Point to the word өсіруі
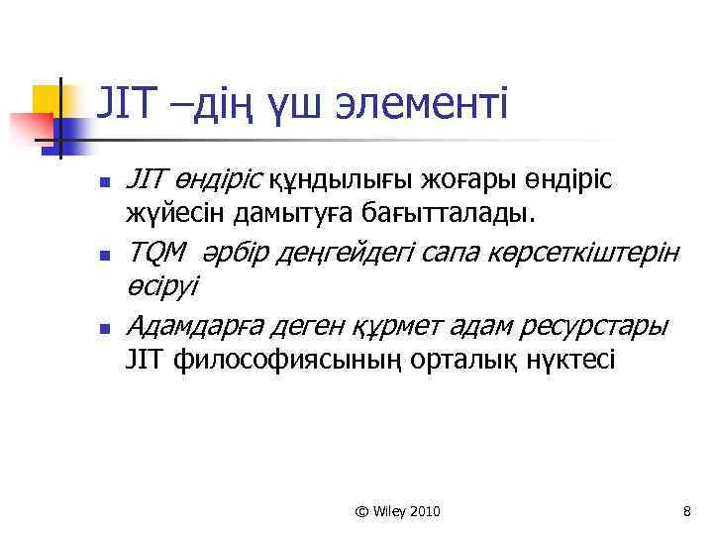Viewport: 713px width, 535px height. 162,286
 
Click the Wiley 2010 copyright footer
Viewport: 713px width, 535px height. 397,511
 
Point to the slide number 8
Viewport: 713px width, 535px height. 686,511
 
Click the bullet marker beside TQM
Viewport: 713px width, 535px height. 102,257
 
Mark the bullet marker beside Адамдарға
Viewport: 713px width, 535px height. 102,327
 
